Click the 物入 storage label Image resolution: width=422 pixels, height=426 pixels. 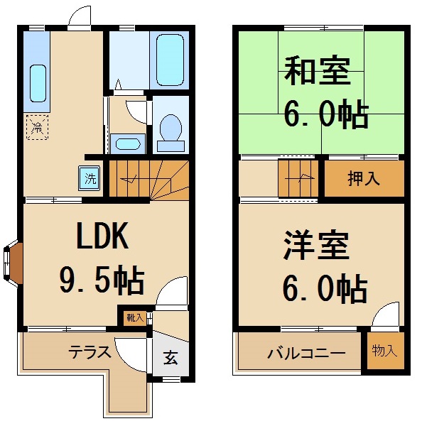(384, 351)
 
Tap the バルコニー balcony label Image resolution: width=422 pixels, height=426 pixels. (306, 353)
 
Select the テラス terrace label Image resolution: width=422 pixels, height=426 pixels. (88, 352)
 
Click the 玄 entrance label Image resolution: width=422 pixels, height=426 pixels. (171, 358)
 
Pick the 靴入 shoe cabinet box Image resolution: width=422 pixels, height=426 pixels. (134, 317)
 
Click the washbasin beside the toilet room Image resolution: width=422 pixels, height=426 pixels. (128, 144)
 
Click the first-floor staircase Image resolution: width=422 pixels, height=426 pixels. (148, 178)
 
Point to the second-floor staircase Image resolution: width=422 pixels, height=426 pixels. (300, 179)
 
